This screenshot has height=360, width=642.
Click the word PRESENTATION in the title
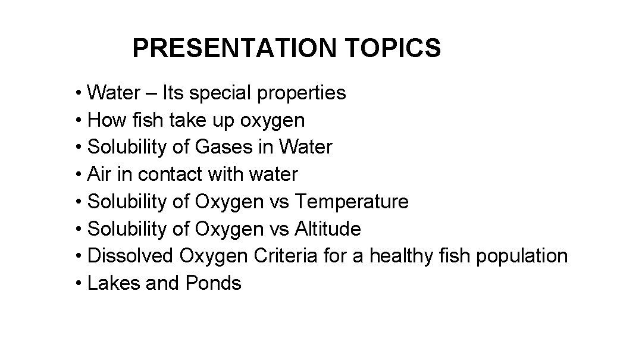[234, 48]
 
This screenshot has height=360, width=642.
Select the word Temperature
[352, 202]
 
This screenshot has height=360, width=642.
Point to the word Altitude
[328, 229]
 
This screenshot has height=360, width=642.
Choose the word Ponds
[214, 284]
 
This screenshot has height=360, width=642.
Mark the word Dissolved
[130, 256]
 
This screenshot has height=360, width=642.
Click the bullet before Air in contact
[79, 175]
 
